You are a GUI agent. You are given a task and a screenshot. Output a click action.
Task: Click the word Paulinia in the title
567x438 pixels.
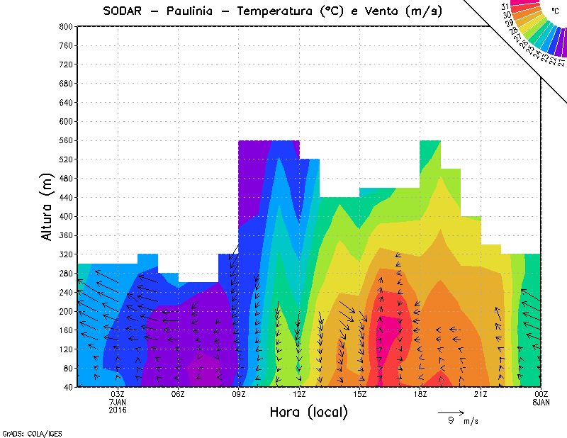[189, 11]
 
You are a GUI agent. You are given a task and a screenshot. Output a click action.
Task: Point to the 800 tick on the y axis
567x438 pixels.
[65, 26]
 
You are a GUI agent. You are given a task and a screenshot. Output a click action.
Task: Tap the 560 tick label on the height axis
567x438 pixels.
[65, 140]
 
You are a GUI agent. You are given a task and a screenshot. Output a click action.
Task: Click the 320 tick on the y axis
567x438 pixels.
[65, 254]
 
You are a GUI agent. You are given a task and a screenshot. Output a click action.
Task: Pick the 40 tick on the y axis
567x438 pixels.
[67, 387]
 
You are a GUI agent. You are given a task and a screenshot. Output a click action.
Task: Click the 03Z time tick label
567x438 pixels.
[118, 394]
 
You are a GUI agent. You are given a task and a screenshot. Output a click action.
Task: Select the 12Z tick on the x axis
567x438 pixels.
[299, 394]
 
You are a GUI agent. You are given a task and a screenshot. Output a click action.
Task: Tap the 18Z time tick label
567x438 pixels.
[420, 394]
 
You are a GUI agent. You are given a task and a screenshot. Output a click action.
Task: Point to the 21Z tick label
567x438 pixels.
[481, 394]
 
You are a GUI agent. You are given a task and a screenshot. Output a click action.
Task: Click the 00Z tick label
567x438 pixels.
[541, 394]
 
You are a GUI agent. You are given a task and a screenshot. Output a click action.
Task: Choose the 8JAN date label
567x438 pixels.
[541, 402]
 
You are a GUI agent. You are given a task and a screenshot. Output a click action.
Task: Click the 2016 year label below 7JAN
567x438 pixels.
[118, 410]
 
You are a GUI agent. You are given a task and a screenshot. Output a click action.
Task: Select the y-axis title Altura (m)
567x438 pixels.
[47, 206]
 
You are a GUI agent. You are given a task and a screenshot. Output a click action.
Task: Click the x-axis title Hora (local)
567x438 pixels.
[308, 412]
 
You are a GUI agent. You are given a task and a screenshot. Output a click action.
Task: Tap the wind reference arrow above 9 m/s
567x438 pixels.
[451, 412]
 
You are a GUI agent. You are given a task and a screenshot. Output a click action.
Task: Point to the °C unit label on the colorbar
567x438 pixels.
[554, 11]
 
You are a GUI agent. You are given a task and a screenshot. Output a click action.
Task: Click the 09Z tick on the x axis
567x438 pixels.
[239, 394]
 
